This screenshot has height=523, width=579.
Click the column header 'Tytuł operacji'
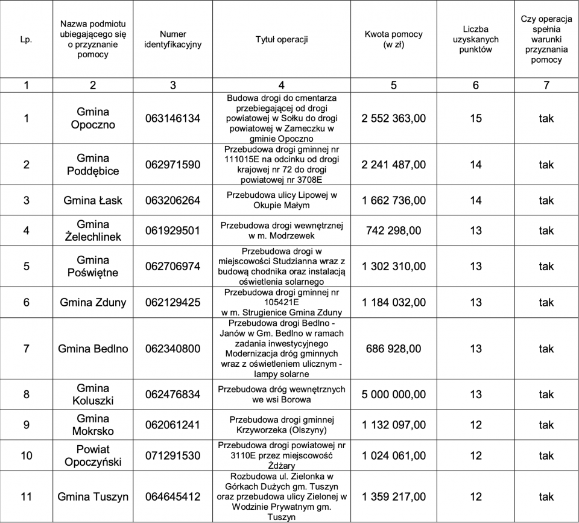[x=282, y=40]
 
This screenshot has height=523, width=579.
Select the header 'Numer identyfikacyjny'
[x=173, y=39]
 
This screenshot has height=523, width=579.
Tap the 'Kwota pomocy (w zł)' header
[x=393, y=39]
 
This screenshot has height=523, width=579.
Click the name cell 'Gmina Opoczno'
[x=93, y=118]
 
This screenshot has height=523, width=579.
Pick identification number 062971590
[x=173, y=165]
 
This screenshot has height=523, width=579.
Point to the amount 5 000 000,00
[x=393, y=395]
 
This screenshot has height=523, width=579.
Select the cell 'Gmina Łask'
[x=93, y=200]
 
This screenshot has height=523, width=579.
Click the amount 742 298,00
[x=393, y=230]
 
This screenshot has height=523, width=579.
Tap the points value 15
[x=476, y=118]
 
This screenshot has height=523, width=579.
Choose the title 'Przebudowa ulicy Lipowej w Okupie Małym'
[x=282, y=200]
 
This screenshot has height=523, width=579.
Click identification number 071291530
[x=173, y=455]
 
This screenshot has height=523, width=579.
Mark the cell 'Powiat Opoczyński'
[x=93, y=455]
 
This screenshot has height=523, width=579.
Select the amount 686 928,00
[x=393, y=349]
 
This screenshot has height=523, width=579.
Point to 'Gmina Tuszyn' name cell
[x=93, y=497]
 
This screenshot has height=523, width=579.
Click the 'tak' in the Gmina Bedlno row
[x=546, y=349]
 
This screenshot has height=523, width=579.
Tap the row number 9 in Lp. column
[x=26, y=425]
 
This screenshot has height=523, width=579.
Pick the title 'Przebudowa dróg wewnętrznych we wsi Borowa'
[x=282, y=395]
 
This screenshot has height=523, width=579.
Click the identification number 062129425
[x=173, y=302]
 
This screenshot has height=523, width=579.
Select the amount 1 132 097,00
[x=393, y=425]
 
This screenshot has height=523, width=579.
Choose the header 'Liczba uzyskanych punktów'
[x=476, y=39]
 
